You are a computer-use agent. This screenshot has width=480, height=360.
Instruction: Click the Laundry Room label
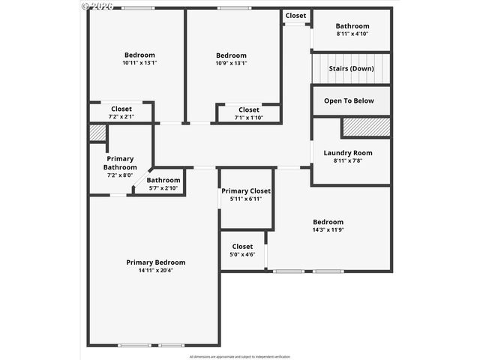(x=347, y=153)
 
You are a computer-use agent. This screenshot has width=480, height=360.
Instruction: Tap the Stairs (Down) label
(x=351, y=68)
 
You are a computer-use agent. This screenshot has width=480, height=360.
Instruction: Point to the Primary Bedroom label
(x=155, y=262)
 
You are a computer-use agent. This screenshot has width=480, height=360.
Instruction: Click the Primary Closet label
(x=246, y=191)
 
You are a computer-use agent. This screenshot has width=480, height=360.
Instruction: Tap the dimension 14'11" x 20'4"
(x=155, y=271)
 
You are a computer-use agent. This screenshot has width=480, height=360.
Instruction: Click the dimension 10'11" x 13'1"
(x=139, y=63)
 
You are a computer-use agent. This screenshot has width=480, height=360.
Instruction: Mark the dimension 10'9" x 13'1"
(x=231, y=63)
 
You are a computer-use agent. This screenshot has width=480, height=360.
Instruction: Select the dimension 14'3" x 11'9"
(x=328, y=230)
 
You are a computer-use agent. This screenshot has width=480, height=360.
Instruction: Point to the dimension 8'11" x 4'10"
(x=352, y=34)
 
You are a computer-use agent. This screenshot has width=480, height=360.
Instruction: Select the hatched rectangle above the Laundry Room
(x=366, y=127)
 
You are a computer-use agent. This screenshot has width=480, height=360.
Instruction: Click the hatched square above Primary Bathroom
(x=97, y=133)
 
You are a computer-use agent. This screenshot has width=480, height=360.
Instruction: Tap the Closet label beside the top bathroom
(x=295, y=16)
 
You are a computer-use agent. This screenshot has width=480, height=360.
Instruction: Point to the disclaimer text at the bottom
(x=240, y=356)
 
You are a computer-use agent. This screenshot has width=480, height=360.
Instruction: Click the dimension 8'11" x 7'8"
(x=347, y=160)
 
